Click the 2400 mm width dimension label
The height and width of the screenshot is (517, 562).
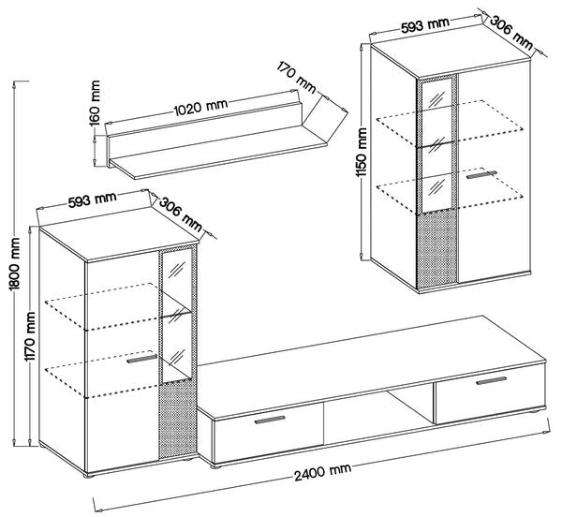[322, 471]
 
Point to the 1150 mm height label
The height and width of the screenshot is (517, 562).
[362, 153]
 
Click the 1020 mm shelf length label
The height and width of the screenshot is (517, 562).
[200, 107]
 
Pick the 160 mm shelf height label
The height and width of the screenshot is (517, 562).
[95, 103]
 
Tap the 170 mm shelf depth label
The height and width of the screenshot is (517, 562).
[297, 77]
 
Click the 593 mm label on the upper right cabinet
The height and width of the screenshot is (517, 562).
[424, 24]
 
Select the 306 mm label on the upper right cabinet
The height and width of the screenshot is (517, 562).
[511, 32]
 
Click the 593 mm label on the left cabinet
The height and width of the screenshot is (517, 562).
[93, 199]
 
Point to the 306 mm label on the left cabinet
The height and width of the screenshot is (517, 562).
[180, 214]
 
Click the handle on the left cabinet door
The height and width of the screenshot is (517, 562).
[141, 359]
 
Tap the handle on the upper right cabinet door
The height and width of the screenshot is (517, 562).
[481, 174]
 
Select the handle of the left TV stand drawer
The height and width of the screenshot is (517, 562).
[270, 420]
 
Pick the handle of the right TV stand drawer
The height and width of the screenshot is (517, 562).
[491, 380]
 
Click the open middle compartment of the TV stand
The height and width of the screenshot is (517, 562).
[378, 417]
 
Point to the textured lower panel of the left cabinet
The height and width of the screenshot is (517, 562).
[177, 421]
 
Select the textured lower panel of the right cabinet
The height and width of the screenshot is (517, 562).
[437, 249]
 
